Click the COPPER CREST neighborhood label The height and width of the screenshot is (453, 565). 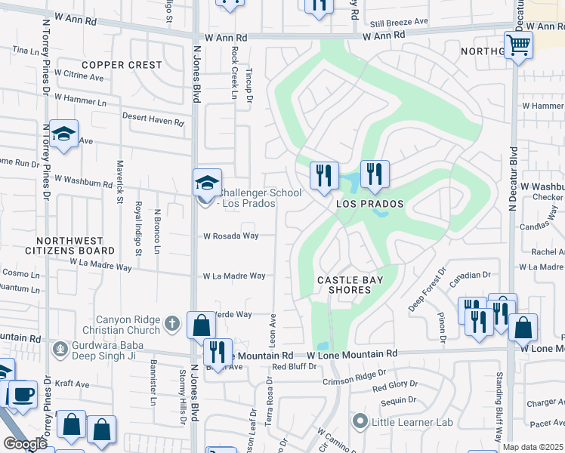click(x=122, y=65)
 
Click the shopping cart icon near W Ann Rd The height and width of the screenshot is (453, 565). click(x=518, y=45)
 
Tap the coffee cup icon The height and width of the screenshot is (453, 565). click(x=23, y=394)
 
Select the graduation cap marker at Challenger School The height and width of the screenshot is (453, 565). click(x=206, y=182)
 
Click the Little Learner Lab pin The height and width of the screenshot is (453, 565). click(x=360, y=421)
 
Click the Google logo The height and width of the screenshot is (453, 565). click(x=25, y=444)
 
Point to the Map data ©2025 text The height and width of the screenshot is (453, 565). click(x=533, y=447)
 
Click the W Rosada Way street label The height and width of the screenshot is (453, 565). click(x=230, y=236)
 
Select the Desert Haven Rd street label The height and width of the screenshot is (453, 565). click(x=153, y=121)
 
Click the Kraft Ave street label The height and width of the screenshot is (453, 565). click(x=73, y=384)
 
